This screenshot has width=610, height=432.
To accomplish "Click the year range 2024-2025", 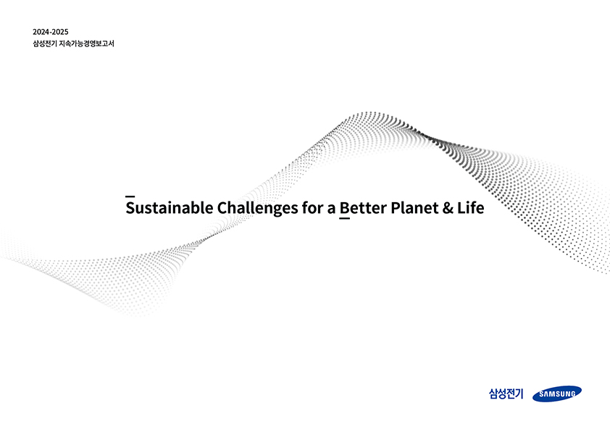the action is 51,32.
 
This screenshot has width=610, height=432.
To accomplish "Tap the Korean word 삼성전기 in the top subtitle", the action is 45,43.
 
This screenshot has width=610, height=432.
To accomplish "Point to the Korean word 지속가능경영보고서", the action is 87,43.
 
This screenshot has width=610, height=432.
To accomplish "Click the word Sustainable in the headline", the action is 170,208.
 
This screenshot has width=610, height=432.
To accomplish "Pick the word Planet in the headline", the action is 414,208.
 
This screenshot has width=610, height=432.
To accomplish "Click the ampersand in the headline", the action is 448,208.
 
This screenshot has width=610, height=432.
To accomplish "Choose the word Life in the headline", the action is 471,207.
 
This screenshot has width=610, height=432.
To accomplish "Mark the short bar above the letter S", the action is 130,197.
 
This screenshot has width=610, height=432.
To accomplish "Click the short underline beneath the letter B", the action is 345,218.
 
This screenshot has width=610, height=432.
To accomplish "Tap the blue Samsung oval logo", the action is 557,394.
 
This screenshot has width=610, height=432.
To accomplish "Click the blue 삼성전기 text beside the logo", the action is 506,394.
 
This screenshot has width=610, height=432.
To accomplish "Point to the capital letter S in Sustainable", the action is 130,208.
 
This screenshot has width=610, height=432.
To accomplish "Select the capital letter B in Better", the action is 344,208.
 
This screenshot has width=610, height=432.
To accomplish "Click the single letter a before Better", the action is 332,209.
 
